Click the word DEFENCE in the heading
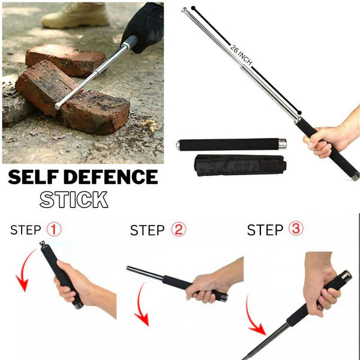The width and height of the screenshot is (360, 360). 116,177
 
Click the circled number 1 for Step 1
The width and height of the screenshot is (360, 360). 54,230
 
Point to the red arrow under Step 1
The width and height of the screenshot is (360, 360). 23,270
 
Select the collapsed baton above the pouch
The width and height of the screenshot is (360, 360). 231,144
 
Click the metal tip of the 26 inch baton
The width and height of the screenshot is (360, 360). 185,10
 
